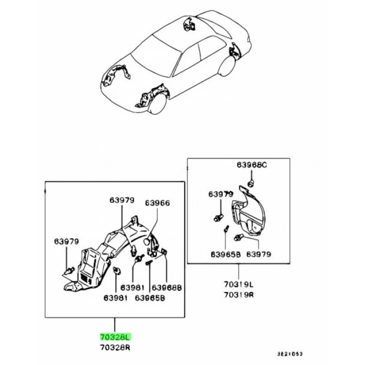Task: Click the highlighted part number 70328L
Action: pyautogui.click(x=115, y=337)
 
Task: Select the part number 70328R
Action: pyautogui.click(x=115, y=348)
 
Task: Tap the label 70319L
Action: pyautogui.click(x=239, y=285)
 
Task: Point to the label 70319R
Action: pyautogui.click(x=239, y=295)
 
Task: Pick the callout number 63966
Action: pyautogui.click(x=157, y=203)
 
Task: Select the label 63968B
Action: pyautogui.click(x=167, y=288)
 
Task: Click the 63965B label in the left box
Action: pyautogui.click(x=150, y=298)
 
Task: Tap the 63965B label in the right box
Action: pyautogui.click(x=226, y=254)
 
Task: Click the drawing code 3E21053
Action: pyautogui.click(x=290, y=354)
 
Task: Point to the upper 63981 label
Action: pyautogui.click(x=132, y=288)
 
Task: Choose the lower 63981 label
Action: pyautogui.click(x=116, y=298)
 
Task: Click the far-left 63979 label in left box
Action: pyautogui.click(x=67, y=241)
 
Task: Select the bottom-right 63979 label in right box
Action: pyautogui.click(x=259, y=254)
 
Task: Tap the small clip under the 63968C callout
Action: pyautogui.click(x=251, y=183)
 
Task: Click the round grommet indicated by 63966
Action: pyautogui.click(x=147, y=242)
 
